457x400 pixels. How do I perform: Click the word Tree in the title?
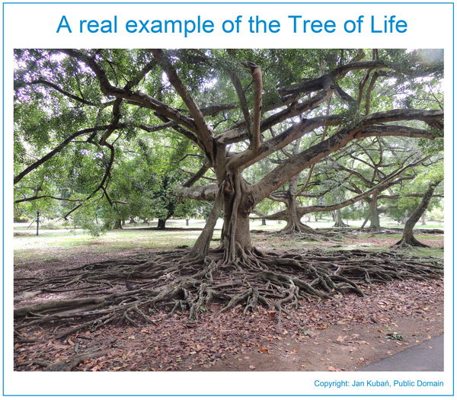point(312,24)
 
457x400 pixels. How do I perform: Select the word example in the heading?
point(170,26)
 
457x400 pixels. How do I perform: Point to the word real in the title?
point(98,24)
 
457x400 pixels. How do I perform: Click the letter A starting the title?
point(64,24)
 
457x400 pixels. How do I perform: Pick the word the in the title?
point(264,24)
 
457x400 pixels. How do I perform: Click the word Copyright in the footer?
point(331,384)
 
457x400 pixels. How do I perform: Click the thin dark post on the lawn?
point(37,223)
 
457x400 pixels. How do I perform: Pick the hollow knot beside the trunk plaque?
point(250,200)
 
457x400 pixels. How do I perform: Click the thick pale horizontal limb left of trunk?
point(197,193)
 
